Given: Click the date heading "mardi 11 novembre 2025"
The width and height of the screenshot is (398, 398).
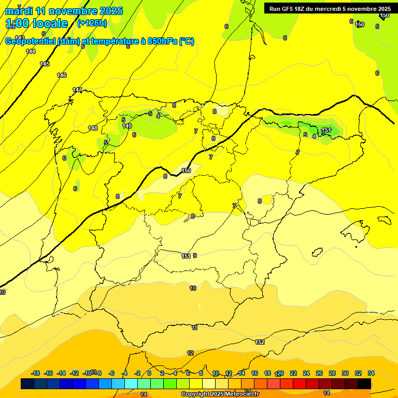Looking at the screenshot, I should point(64,11).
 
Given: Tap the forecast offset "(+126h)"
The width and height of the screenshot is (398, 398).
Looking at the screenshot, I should point(92,23).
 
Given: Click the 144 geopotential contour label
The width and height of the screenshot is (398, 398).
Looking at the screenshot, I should point(31,51).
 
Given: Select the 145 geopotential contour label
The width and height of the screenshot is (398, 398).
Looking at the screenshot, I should point(45,64).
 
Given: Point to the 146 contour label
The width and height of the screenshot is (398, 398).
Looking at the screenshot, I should point(62,75).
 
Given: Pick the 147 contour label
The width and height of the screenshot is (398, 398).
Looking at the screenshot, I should point(77,90).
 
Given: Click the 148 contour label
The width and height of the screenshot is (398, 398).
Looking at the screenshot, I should point(93,128).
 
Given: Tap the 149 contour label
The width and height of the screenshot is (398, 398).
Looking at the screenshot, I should point(127,126).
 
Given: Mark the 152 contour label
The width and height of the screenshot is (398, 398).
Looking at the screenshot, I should point(260,342).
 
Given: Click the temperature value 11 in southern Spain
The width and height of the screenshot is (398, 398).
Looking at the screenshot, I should point(194,328).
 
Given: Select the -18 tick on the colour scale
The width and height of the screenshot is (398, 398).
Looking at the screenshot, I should point(36,373).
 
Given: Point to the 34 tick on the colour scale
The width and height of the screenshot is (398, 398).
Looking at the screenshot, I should point(371,373).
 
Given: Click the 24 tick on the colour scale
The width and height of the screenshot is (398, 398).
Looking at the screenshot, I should point(306,373).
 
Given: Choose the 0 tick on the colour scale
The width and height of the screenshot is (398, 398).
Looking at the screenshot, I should point(149,373).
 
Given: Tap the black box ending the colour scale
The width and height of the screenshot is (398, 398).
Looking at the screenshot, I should point(364,383).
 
